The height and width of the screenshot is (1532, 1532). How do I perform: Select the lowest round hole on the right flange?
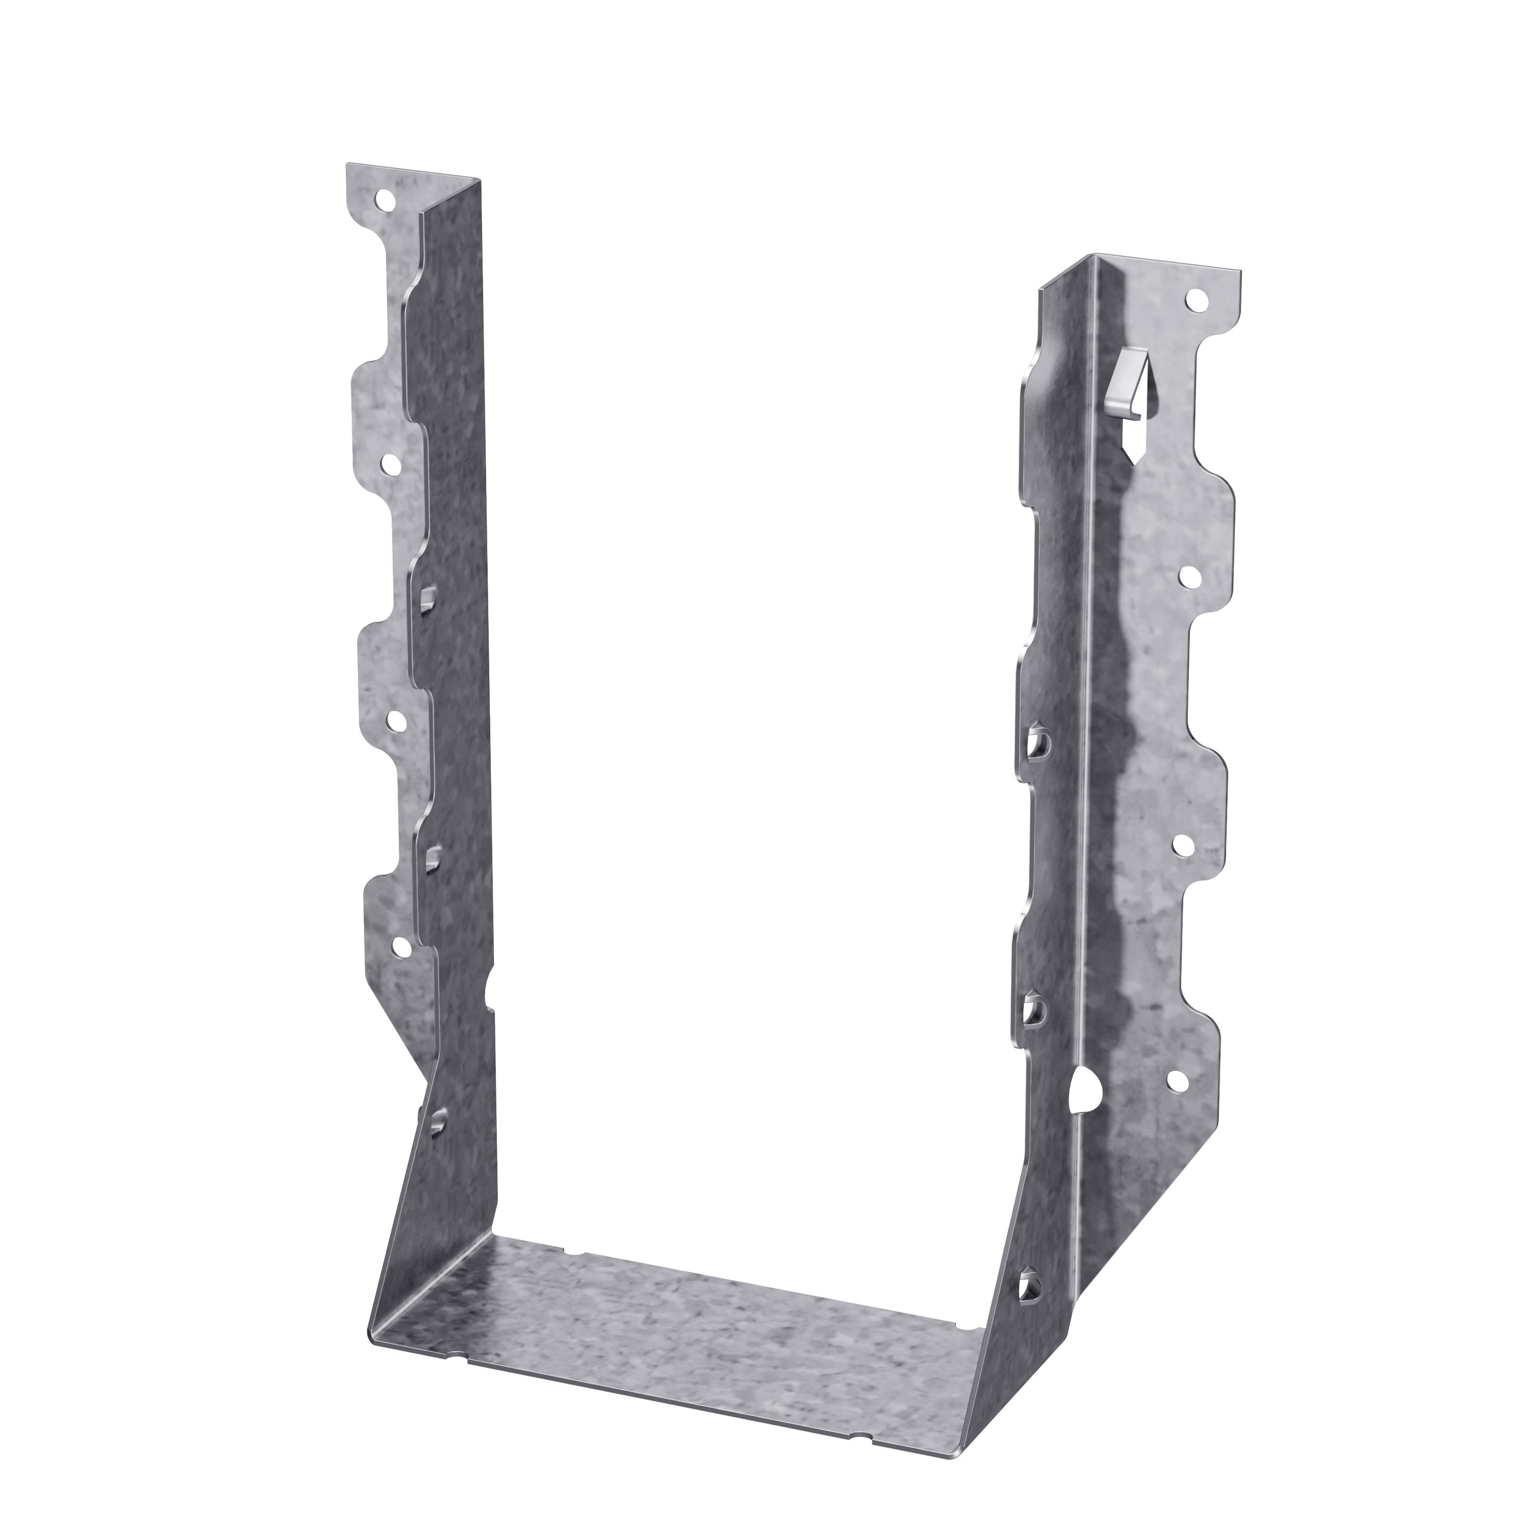click(1173, 1079)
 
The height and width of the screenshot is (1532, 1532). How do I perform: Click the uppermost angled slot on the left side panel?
click(429, 596)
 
